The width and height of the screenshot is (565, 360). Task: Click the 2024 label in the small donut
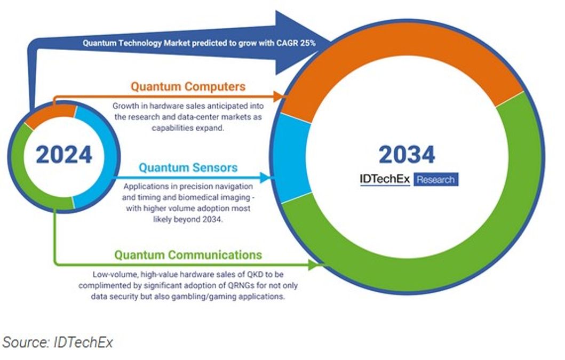64,155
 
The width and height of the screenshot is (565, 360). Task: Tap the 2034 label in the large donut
407,155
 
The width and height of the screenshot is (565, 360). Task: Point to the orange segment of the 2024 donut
51,115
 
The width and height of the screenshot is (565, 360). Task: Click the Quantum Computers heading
188,86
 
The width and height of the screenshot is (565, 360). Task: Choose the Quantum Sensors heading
188,168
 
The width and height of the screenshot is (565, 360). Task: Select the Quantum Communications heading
188,254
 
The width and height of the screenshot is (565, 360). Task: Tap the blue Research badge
436,180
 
